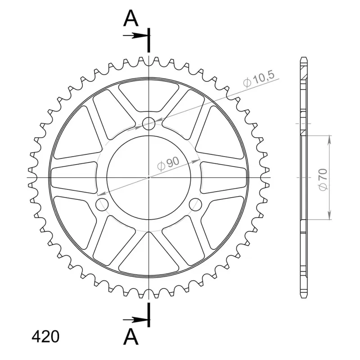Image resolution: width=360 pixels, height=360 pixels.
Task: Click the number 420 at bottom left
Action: [45, 337]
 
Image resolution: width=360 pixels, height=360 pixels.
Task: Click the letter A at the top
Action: [131, 18]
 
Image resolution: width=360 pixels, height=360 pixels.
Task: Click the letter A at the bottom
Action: [131, 336]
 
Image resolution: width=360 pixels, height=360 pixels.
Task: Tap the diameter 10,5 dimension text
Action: [259, 79]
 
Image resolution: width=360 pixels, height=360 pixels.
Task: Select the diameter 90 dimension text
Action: [168, 163]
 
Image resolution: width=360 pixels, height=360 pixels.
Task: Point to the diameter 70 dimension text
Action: [323, 180]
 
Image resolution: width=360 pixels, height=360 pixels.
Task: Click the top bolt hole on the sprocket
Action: [149, 123]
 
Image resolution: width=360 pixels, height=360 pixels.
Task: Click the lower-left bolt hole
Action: [102, 204]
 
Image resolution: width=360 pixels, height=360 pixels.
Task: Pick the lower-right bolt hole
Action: [196, 204]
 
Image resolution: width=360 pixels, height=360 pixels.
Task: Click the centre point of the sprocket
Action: [149, 177]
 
